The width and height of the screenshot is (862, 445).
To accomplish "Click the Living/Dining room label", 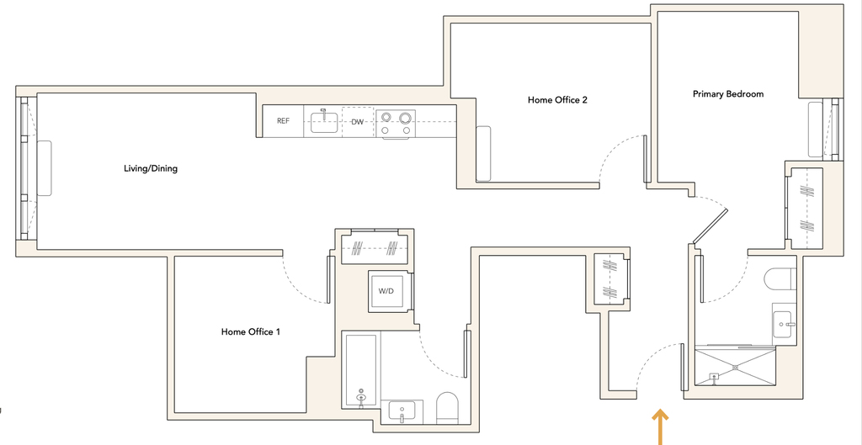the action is click(x=151, y=168).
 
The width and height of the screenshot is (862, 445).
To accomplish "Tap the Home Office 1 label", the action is click(x=251, y=331).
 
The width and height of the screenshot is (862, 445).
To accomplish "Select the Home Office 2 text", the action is click(x=557, y=100).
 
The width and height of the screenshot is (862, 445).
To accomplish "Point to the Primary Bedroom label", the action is click(x=728, y=94).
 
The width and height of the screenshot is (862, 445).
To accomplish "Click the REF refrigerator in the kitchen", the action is click(x=283, y=121).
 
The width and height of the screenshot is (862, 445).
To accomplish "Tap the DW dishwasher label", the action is click(x=357, y=121).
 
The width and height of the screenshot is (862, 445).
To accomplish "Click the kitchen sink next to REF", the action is click(x=323, y=121).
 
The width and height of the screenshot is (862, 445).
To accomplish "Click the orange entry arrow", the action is click(x=660, y=426).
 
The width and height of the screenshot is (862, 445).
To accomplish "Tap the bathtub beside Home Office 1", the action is click(x=360, y=371).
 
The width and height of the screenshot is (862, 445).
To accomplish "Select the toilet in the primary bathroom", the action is click(x=780, y=278).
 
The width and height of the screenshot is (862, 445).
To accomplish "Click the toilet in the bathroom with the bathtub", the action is click(x=448, y=408).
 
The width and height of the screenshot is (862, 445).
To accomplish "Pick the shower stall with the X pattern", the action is click(x=735, y=367).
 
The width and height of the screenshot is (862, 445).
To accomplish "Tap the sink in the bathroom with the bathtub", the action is click(x=402, y=411).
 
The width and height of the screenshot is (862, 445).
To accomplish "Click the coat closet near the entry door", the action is click(x=611, y=278).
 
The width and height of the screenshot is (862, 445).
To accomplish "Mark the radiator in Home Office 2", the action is click(x=482, y=154).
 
